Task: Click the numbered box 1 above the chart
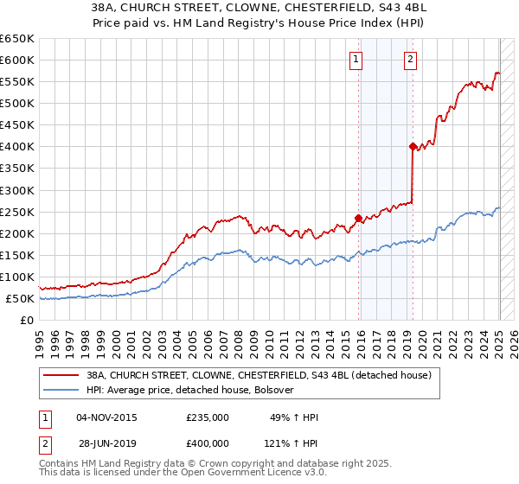click(356, 60)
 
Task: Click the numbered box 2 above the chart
click(410, 60)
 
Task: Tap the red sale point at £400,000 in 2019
click(413, 146)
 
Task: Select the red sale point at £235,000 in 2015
click(358, 218)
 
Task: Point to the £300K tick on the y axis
click(20, 190)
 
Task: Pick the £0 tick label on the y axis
click(28, 320)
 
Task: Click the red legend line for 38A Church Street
click(61, 375)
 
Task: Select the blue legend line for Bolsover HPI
click(61, 390)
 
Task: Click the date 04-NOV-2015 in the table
click(106, 417)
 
